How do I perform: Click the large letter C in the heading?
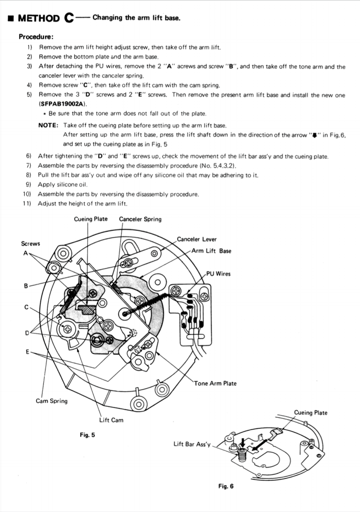[68, 17]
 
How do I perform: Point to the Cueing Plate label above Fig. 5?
[91, 219]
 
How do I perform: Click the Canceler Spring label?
[140, 219]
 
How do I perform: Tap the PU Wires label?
[218, 274]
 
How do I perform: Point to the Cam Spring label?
[51, 401]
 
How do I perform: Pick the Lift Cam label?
[111, 420]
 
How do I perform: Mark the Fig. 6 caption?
[226, 486]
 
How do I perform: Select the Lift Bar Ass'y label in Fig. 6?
[192, 444]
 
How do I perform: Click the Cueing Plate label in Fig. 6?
[310, 413]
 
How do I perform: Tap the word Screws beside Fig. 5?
[30, 244]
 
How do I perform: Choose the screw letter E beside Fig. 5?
[27, 352]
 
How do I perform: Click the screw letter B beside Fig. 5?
[26, 286]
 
